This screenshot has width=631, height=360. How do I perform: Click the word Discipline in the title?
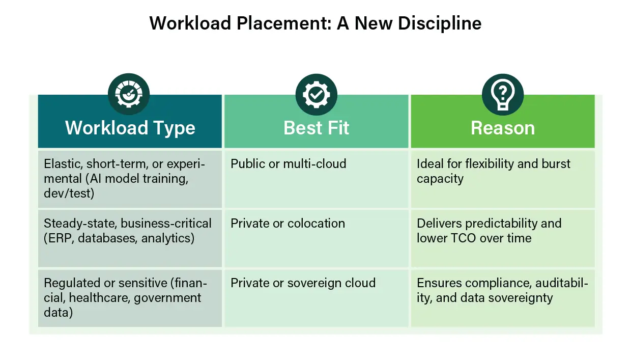[x=440, y=23]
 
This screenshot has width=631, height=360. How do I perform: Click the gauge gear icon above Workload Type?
[x=129, y=94]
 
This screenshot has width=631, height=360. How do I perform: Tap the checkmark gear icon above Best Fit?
[x=317, y=95]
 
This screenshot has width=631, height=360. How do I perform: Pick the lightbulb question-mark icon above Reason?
[x=503, y=95]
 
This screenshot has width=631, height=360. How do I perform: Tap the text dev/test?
[x=69, y=193]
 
